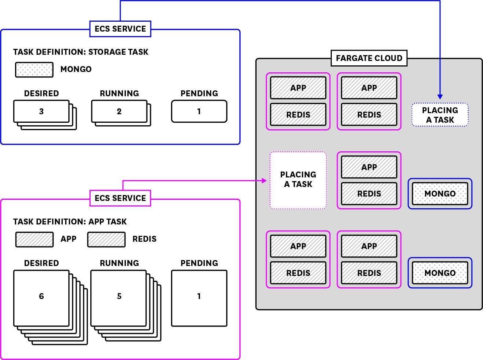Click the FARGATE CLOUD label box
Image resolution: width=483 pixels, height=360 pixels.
tap(369, 58)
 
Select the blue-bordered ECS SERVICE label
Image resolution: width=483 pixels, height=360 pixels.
tap(120, 29)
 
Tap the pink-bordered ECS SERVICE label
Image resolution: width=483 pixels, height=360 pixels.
tap(120, 198)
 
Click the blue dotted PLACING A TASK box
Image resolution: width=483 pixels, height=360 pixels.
tap(440, 115)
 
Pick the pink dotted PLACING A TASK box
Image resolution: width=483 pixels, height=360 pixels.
tap(298, 180)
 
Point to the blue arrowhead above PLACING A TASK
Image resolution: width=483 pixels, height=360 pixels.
tap(440, 97)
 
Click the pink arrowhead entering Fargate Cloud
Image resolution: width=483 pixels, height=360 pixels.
tap(264, 180)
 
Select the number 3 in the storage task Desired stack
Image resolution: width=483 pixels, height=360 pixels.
tap(41, 111)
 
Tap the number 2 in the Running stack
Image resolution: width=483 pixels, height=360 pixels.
tap(119, 111)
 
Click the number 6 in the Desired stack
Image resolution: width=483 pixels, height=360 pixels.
tap(41, 296)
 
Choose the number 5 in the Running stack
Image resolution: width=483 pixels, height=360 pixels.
tap(119, 296)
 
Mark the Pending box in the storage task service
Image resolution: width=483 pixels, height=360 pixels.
tap(199, 111)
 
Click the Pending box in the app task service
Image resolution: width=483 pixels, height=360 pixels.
tap(199, 298)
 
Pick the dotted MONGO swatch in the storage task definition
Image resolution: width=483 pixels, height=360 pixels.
tap(34, 69)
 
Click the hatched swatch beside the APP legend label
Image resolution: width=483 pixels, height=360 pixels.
tap(34, 239)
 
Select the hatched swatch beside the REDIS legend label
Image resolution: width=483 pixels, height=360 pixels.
tap(106, 239)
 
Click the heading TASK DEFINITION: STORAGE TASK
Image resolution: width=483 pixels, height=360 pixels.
tap(81, 52)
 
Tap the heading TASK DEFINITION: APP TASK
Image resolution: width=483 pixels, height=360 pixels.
tap(70, 222)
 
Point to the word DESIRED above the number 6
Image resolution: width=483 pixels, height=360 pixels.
tap(41, 263)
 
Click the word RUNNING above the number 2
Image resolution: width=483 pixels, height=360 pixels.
tap(119, 93)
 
